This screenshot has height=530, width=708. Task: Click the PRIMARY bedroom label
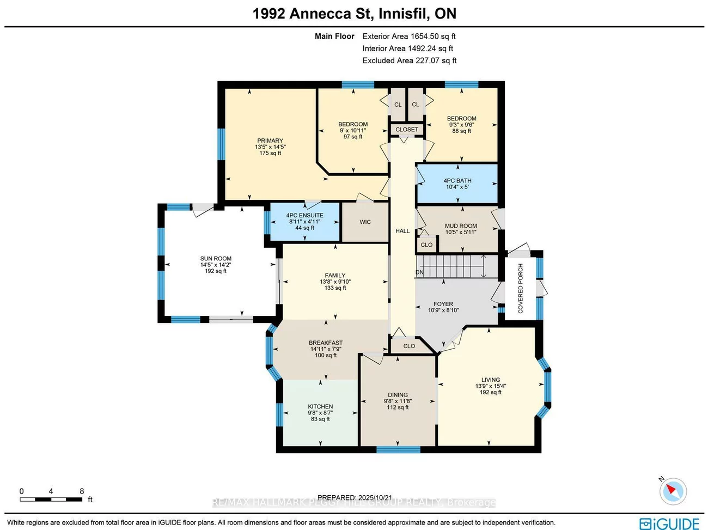point(270,141)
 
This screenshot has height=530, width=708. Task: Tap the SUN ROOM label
point(216,259)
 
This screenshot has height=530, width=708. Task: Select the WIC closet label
point(365,222)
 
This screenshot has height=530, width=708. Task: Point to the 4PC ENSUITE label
point(304,216)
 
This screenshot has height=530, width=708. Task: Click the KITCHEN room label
point(320,407)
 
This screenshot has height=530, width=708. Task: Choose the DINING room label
point(398,395)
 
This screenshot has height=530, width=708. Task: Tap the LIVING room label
point(490,380)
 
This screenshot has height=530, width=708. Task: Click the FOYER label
point(443,304)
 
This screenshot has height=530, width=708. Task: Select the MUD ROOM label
point(461,226)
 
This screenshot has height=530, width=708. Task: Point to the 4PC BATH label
point(457,181)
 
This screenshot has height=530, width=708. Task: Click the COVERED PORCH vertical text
point(521,288)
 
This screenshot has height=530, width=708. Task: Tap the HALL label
point(402,231)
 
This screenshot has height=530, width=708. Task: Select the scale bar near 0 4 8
point(51,499)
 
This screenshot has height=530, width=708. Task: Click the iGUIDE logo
point(669,523)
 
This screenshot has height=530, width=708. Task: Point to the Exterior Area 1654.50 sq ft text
point(409,36)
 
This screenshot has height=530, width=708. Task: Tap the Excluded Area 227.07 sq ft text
point(410,60)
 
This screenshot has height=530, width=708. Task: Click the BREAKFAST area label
point(326,343)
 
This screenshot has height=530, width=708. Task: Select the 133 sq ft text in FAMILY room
point(335,288)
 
